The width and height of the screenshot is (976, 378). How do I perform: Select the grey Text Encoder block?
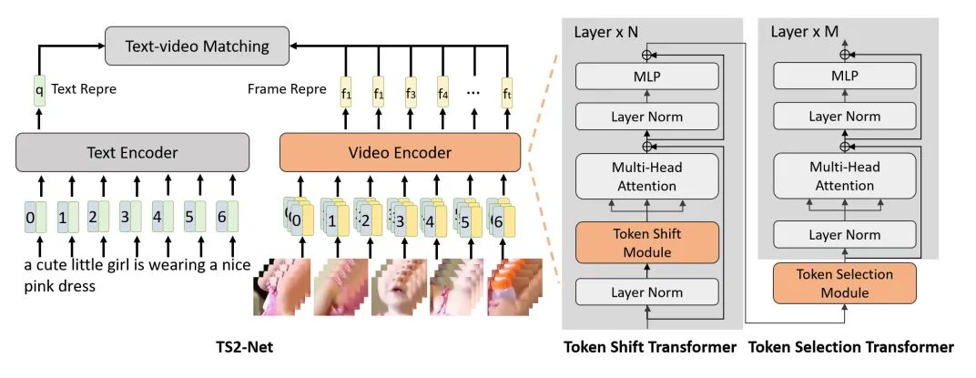(x=132, y=152)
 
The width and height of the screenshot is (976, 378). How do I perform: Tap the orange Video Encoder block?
(x=400, y=152)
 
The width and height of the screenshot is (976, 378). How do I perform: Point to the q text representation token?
(x=39, y=90)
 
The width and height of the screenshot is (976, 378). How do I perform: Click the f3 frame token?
(x=410, y=92)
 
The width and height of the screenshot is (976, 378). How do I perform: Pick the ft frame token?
(x=507, y=92)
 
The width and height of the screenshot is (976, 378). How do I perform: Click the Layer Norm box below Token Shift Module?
(x=647, y=293)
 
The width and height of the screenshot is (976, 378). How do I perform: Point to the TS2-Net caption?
(x=243, y=347)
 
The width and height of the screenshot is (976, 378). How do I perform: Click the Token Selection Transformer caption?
(x=851, y=347)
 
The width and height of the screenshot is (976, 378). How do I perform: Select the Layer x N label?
(x=608, y=32)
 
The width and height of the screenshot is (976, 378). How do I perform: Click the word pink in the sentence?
(x=38, y=285)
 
